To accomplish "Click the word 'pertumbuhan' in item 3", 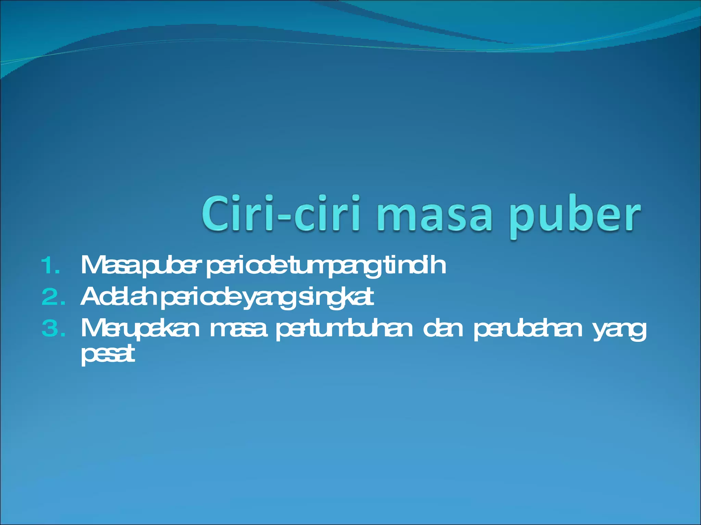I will point(344,329).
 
